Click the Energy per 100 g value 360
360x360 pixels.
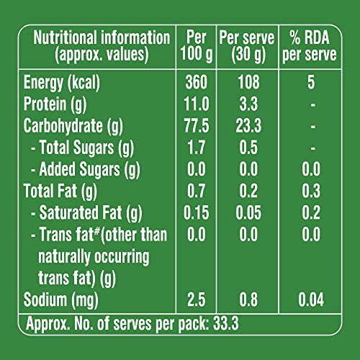196,82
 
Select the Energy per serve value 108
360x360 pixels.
248,82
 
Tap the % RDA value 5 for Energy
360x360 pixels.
311,82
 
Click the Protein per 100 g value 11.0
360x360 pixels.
197,104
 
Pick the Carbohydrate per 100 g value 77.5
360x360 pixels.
197,126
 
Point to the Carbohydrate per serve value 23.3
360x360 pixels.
248,126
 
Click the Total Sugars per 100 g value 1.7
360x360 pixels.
197,148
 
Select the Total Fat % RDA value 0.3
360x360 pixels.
311,191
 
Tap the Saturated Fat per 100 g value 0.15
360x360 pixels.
197,212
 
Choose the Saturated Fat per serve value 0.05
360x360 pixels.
248,212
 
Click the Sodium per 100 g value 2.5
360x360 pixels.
197,300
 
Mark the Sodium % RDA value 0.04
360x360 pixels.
311,300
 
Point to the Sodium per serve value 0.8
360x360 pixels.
248,300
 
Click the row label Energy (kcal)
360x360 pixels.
62,83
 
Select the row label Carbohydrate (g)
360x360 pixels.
73,126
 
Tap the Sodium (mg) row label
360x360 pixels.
61,300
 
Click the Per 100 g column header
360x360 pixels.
197,46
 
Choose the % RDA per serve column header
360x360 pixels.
310,46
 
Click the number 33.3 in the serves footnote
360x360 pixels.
226,323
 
